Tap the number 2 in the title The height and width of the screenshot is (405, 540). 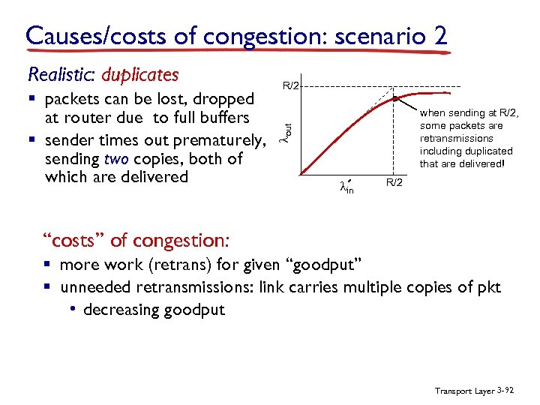439,35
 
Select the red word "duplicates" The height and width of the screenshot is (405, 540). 139,75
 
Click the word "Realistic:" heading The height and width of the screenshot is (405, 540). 61,75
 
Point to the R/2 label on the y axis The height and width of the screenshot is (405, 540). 291,86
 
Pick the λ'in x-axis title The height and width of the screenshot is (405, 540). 346,187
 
